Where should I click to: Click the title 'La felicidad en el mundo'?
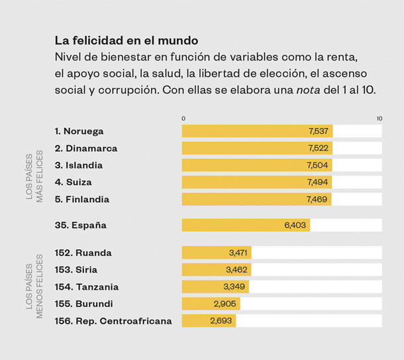click(x=126, y=41)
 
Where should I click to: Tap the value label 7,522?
click(x=319, y=149)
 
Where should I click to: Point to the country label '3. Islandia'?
click(x=79, y=165)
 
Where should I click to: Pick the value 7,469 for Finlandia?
click(x=318, y=200)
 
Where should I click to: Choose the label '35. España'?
click(x=81, y=225)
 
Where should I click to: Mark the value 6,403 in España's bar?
click(x=295, y=225)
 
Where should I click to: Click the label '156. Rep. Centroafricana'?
click(x=113, y=321)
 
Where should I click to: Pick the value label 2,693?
click(x=221, y=321)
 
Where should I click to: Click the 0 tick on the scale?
click(x=184, y=118)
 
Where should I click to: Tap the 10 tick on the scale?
click(x=379, y=118)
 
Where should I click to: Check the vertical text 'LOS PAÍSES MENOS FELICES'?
click(x=34, y=286)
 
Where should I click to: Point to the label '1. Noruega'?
click(x=79, y=131)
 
